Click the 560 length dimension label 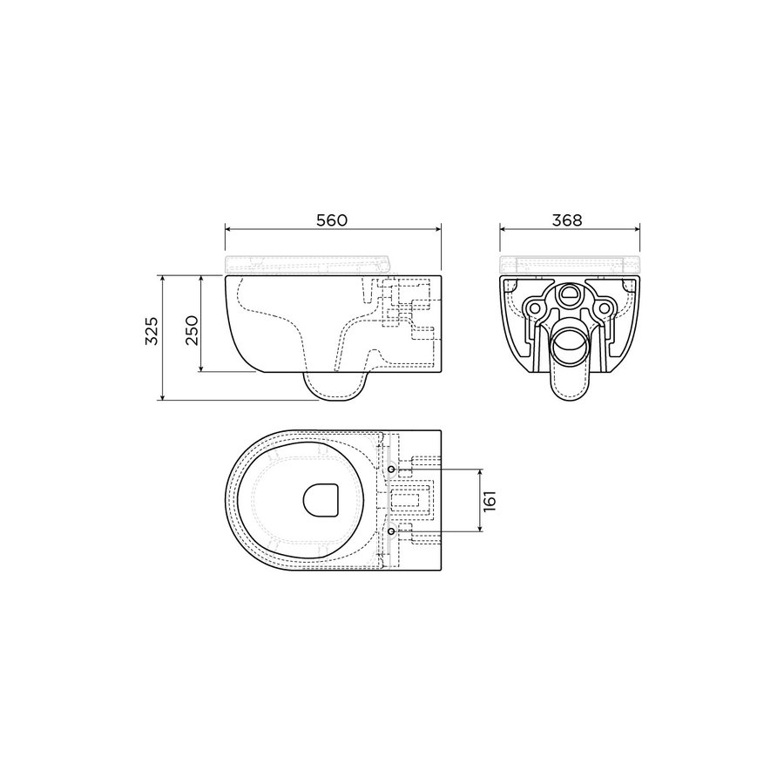[x=332, y=220]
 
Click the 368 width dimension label [x=567, y=220]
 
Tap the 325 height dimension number [x=152, y=330]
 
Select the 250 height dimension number [x=192, y=330]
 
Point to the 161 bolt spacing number [x=490, y=501]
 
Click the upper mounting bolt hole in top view [x=391, y=469]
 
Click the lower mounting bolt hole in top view [x=391, y=531]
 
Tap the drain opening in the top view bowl [x=321, y=500]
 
